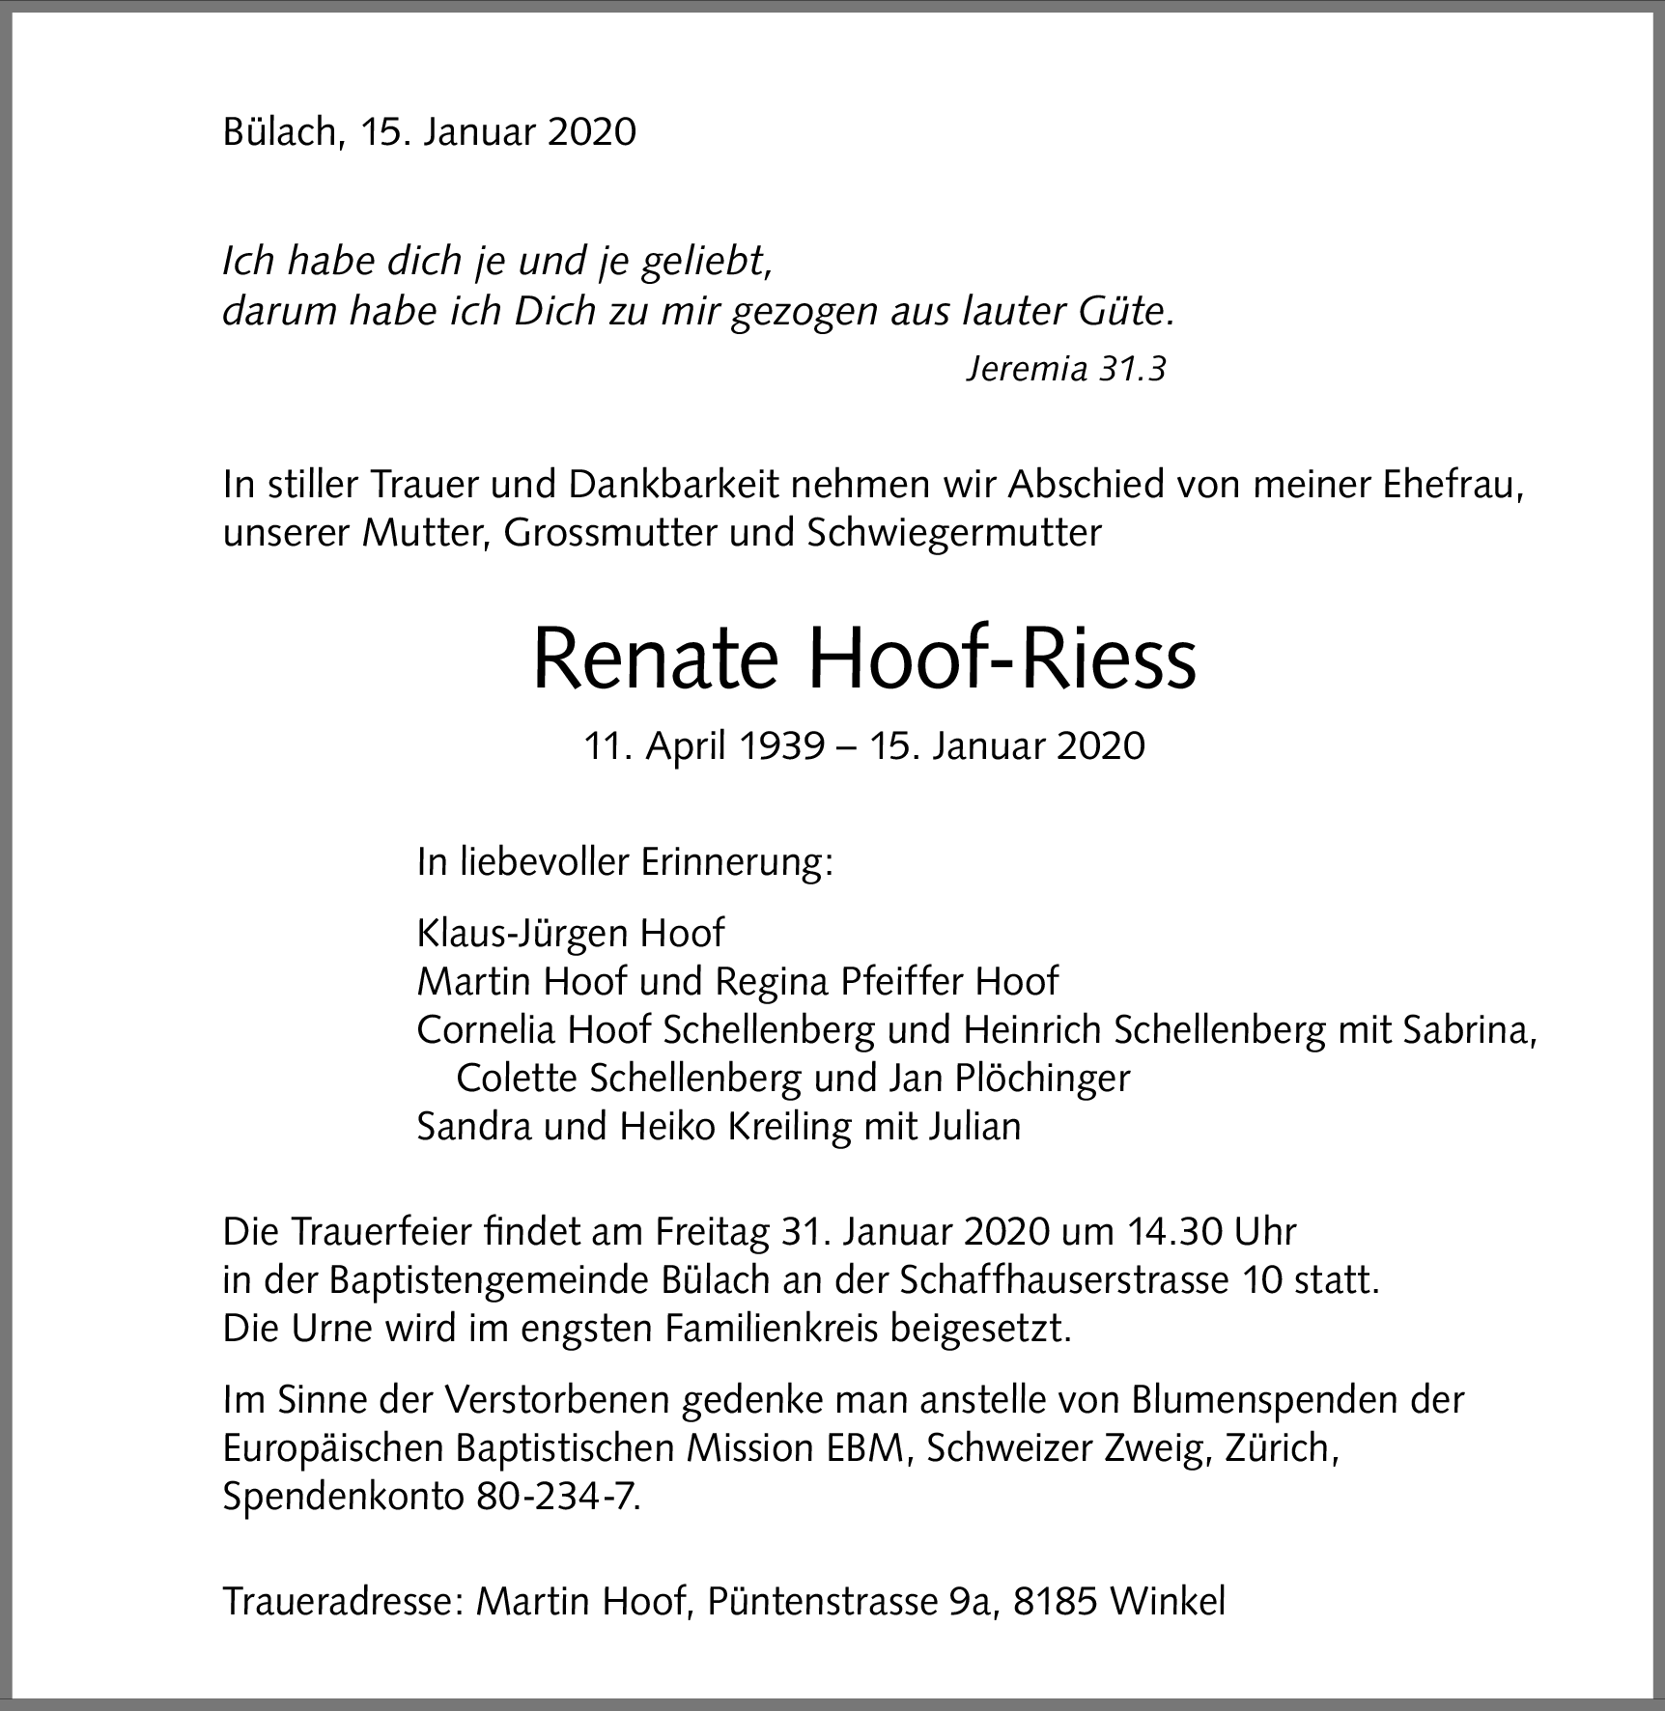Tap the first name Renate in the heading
click(655, 659)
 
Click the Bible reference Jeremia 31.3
click(1066, 368)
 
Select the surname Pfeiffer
click(902, 981)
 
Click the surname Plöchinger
click(1042, 1078)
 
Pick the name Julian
click(974, 1126)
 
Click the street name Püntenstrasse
click(821, 1601)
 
